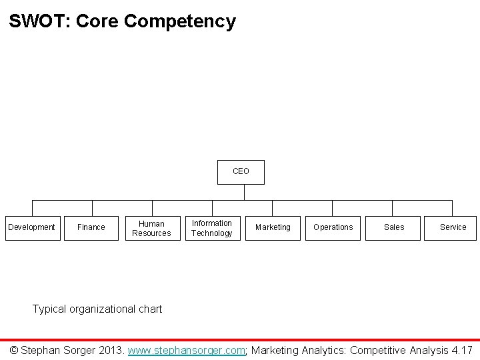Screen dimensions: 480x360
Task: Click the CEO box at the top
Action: (x=241, y=171)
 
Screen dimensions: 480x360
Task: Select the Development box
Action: (x=31, y=227)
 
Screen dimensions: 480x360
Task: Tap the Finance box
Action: (x=91, y=227)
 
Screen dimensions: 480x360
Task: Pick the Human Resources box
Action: (x=151, y=228)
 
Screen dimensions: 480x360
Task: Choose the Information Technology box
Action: (x=211, y=228)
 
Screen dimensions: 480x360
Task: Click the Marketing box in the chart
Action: (x=273, y=227)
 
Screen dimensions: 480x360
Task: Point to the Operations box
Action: (x=333, y=227)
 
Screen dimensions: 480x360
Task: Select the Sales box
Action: (x=393, y=227)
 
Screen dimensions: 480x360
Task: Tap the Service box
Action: (x=453, y=227)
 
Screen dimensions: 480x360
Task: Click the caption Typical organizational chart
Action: (x=97, y=309)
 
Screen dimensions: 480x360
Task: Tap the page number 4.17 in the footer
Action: (x=461, y=350)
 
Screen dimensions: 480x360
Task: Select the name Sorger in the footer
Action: (x=78, y=350)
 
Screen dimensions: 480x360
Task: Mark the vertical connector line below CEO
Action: (x=245, y=191)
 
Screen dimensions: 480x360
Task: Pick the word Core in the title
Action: (x=98, y=21)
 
